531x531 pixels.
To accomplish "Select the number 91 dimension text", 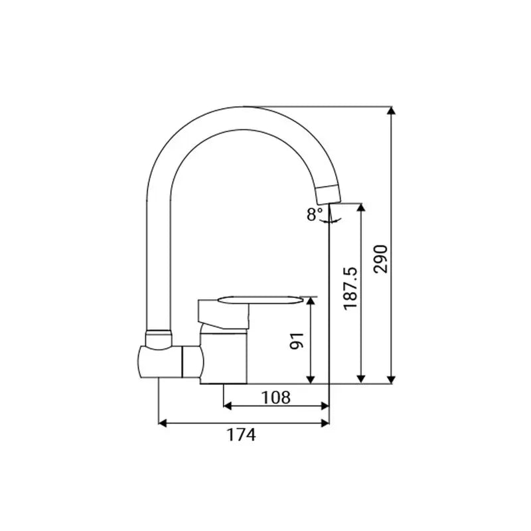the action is coord(296,341).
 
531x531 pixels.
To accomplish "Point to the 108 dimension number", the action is coord(275,397).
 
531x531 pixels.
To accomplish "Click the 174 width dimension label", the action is coord(241,435).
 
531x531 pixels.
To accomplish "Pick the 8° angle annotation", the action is coord(315,214).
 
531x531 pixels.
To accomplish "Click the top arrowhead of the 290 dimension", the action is coord(391,111).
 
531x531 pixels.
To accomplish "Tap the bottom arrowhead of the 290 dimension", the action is coord(391,379).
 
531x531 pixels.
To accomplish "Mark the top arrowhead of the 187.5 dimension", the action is coord(362,208).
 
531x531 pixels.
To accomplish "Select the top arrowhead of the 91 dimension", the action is coord(311,301).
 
